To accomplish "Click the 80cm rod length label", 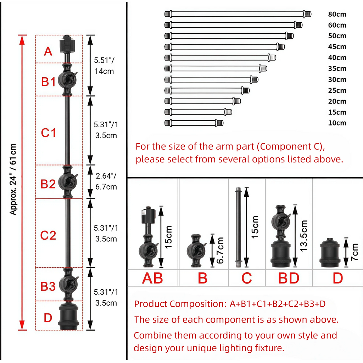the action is click(x=337, y=14).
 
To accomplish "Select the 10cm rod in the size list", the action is click(x=194, y=123).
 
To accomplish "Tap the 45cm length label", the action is click(x=337, y=47).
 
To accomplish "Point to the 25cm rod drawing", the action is click(x=207, y=90).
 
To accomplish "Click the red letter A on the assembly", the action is click(x=48, y=51).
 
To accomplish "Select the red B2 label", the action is click(x=48, y=184).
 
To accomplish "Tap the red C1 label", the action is click(x=48, y=133).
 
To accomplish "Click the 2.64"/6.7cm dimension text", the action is click(x=106, y=181).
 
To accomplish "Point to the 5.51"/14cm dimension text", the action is click(x=104, y=66).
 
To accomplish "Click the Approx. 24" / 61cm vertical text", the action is click(x=13, y=179).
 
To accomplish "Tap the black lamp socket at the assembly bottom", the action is click(x=69, y=315).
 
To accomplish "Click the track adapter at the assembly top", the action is click(x=67, y=44).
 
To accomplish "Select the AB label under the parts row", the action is click(x=152, y=278).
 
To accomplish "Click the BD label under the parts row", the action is click(x=289, y=278).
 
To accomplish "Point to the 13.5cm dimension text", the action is click(x=303, y=236).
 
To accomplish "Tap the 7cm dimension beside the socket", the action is click(x=354, y=252).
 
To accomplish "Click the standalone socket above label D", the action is click(x=330, y=252).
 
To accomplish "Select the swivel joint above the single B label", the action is click(x=196, y=251).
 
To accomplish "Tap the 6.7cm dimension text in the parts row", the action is click(x=220, y=251).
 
